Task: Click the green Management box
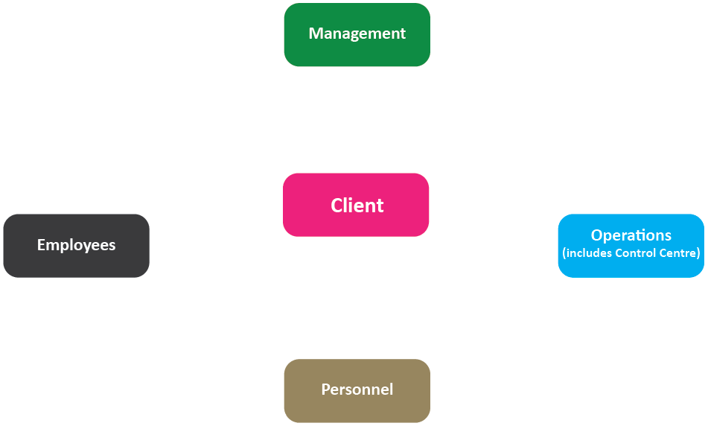(x=357, y=35)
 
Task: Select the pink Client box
(x=356, y=205)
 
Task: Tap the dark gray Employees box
(x=76, y=246)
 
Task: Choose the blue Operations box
(x=631, y=246)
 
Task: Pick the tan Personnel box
(x=357, y=391)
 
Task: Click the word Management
(x=357, y=34)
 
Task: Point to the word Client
(x=357, y=206)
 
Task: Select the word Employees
(x=76, y=245)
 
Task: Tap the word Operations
(x=631, y=235)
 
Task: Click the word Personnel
(x=357, y=390)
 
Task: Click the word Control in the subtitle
(x=636, y=252)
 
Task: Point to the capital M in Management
(x=315, y=34)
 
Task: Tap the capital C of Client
(x=337, y=206)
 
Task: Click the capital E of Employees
(x=41, y=245)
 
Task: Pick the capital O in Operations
(x=597, y=235)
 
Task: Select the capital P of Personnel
(x=325, y=390)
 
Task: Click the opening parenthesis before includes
(x=564, y=253)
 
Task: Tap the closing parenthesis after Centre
(x=698, y=253)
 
